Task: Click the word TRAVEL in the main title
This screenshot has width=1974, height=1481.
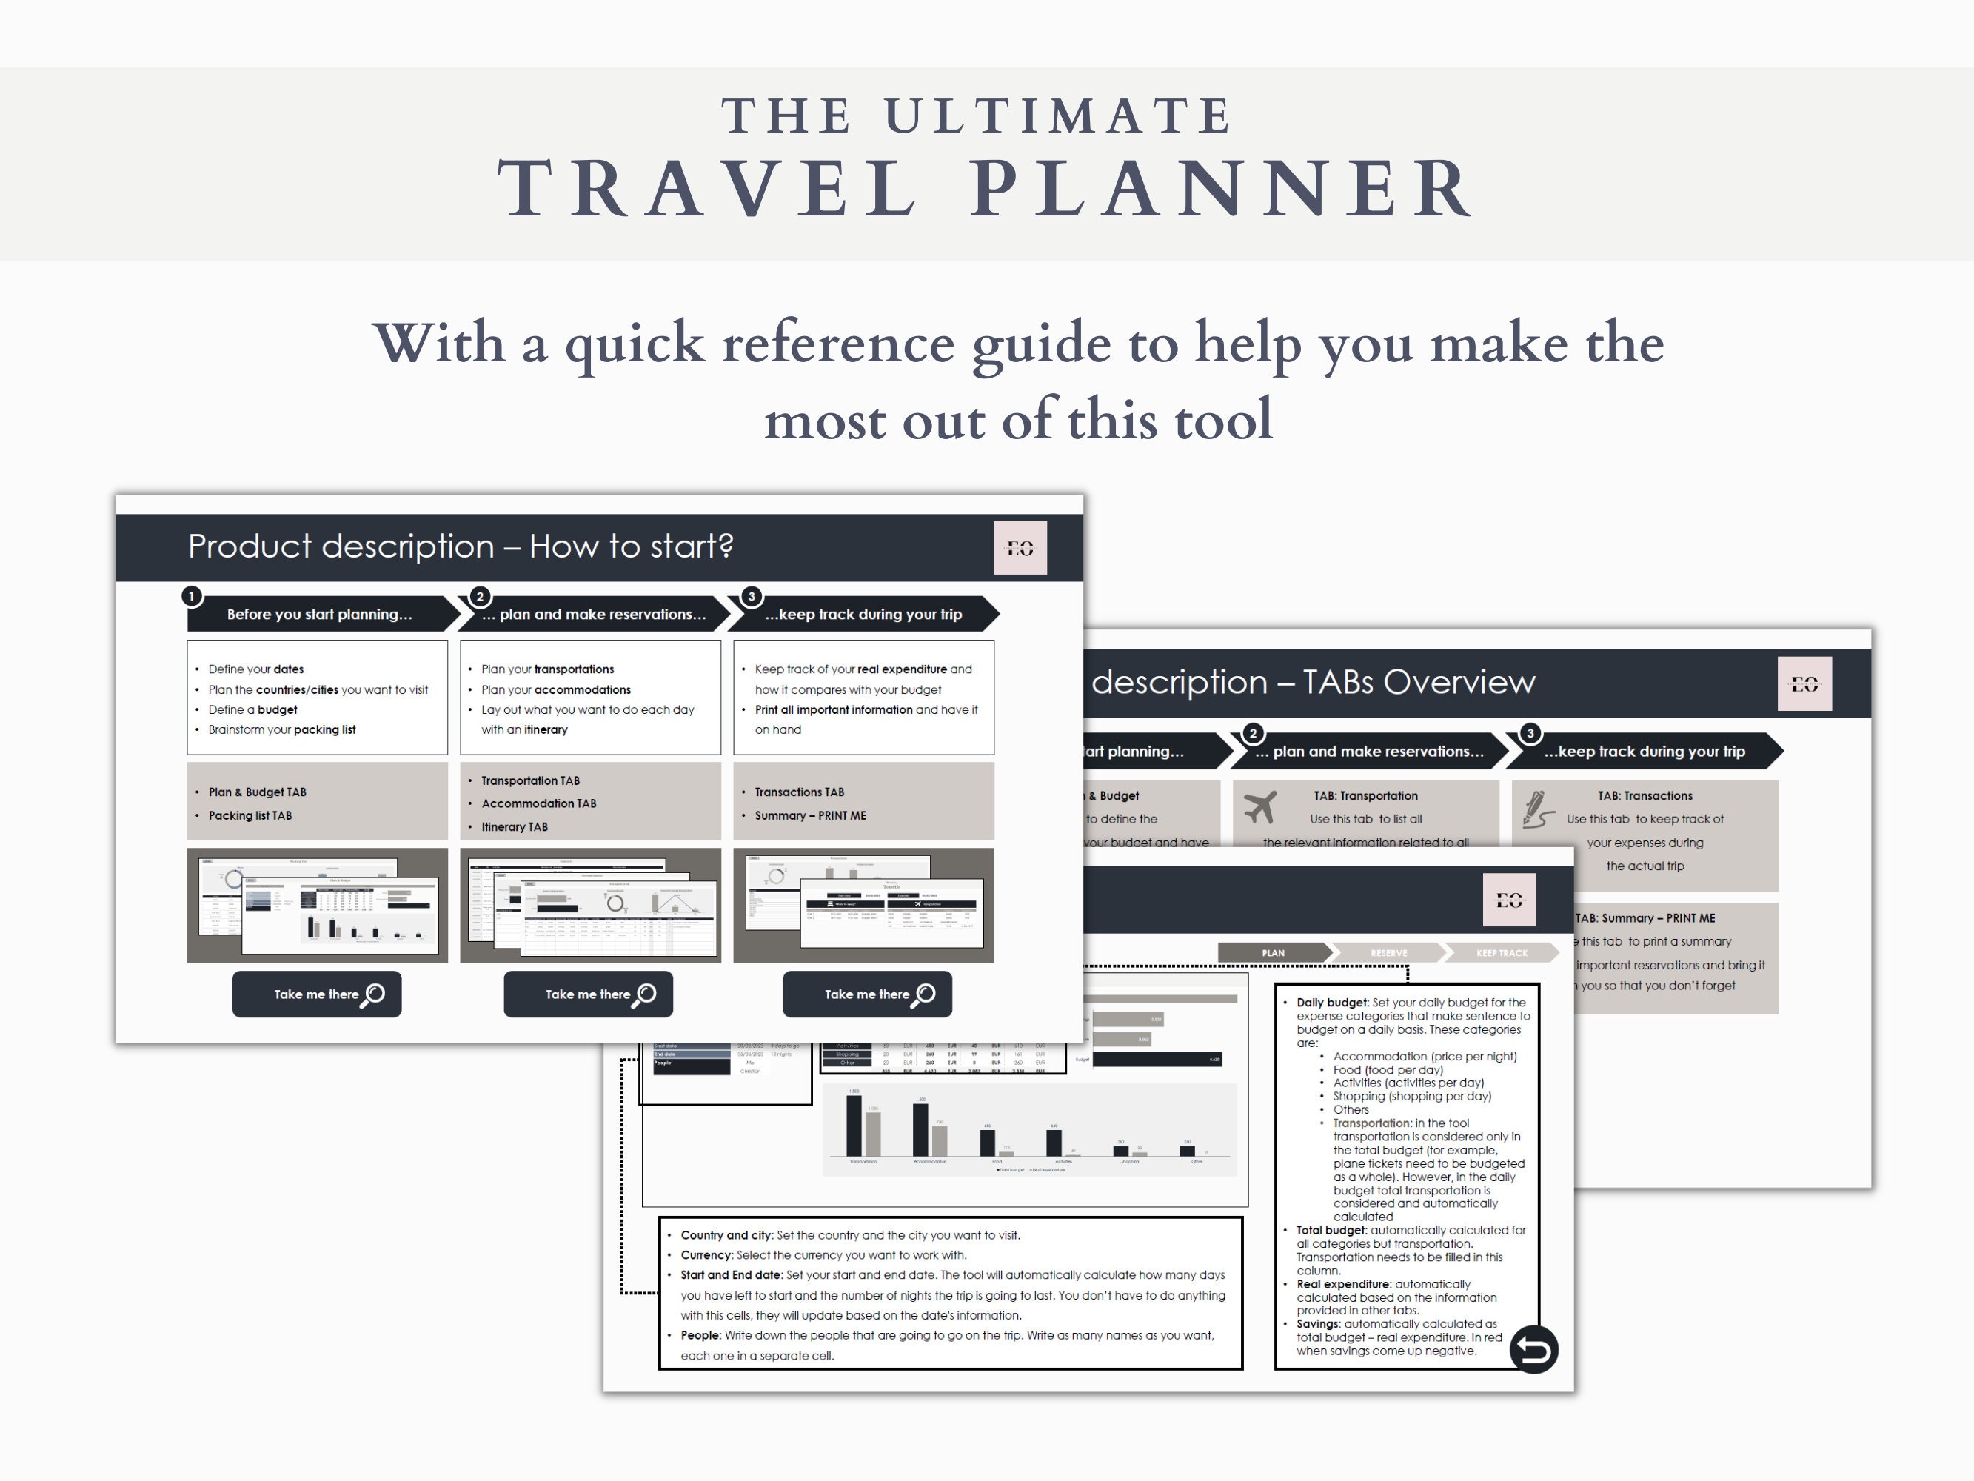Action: point(709,188)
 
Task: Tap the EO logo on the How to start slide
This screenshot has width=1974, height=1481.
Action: point(1020,548)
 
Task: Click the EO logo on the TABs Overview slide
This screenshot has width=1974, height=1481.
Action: point(1804,683)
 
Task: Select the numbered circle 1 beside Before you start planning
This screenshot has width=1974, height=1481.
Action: point(191,596)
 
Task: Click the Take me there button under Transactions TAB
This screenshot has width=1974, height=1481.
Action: point(866,994)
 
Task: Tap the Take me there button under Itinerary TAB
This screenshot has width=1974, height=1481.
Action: point(588,994)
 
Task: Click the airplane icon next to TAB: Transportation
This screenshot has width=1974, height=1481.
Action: point(1259,806)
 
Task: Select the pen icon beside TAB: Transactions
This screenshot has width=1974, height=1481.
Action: point(1538,809)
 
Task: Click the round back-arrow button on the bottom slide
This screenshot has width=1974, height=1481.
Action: point(1533,1349)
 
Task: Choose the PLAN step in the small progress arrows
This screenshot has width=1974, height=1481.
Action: point(1274,952)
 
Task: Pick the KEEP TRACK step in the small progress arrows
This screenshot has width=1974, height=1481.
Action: point(1501,952)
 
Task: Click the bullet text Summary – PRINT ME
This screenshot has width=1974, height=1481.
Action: point(810,815)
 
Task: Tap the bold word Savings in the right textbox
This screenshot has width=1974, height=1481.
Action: point(1317,1324)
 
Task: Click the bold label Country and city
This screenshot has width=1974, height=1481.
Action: point(726,1235)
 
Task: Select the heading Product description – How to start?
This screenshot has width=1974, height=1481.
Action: point(461,546)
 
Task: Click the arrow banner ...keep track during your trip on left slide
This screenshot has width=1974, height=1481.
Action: point(862,614)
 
